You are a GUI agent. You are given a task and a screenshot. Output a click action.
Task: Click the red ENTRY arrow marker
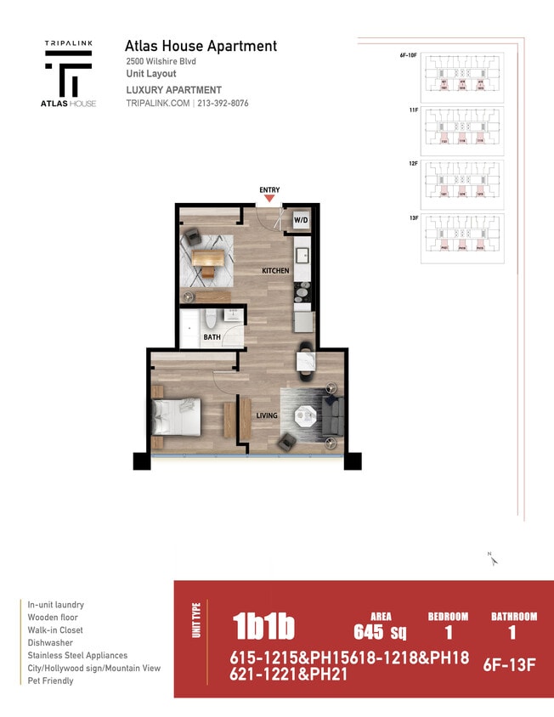(x=269, y=199)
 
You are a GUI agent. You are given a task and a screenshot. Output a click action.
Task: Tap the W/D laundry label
(x=301, y=221)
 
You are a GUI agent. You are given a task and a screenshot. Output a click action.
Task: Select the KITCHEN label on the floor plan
(x=275, y=271)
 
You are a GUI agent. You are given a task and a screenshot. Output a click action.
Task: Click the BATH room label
(x=212, y=337)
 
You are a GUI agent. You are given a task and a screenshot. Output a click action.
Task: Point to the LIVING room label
(x=268, y=415)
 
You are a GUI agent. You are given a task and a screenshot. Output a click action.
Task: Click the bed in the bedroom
(x=177, y=417)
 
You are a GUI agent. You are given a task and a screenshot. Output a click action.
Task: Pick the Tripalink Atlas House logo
(x=70, y=73)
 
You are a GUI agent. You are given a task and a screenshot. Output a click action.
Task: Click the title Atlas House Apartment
(x=201, y=46)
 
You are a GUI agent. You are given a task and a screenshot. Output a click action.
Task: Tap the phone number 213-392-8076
(x=223, y=104)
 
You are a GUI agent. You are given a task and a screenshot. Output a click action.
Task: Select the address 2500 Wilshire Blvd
(x=161, y=61)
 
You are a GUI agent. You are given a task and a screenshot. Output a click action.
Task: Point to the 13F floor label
(x=414, y=218)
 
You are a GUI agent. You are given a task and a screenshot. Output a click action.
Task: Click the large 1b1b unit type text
(x=263, y=627)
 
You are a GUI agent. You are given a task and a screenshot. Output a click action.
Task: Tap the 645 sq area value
(x=380, y=632)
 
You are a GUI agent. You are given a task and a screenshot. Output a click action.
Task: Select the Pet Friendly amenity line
(x=50, y=680)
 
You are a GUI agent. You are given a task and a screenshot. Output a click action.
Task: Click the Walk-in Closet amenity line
(x=57, y=630)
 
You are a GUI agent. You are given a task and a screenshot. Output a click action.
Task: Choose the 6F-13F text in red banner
(x=509, y=665)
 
